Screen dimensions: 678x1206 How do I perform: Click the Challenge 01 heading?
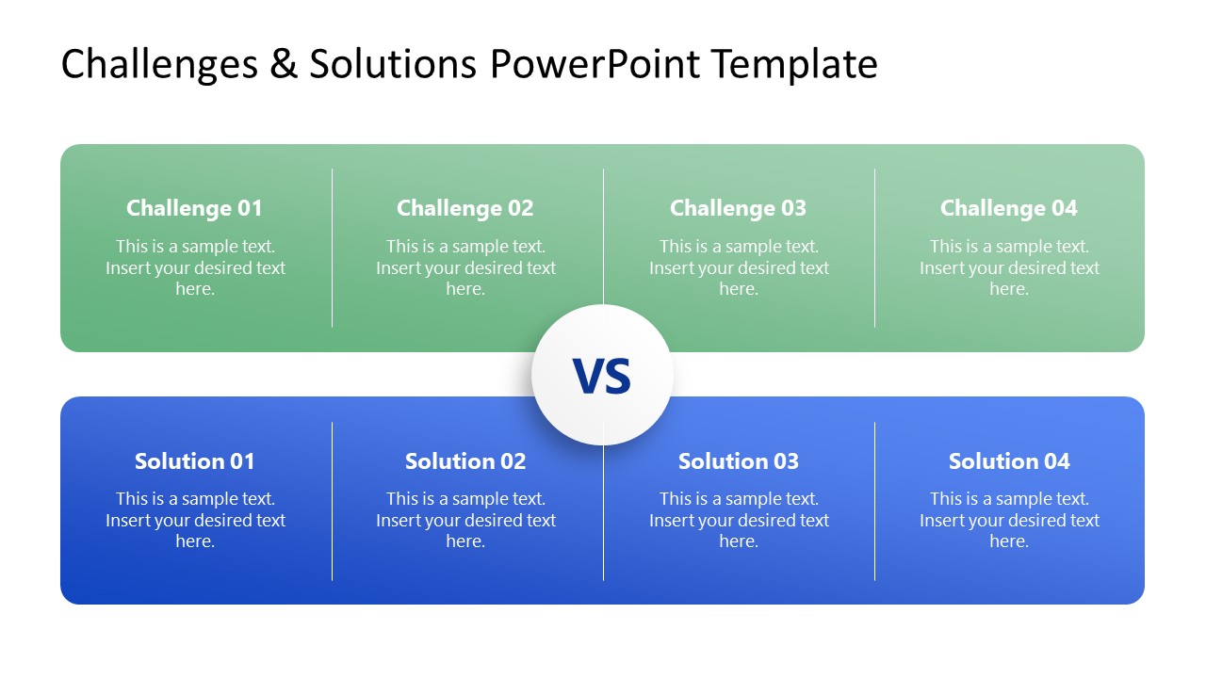[x=194, y=208]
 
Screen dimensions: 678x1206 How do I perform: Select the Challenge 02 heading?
[x=464, y=208]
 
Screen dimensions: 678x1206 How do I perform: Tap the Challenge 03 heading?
[x=738, y=208]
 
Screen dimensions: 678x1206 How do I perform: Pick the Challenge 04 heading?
[x=1008, y=208]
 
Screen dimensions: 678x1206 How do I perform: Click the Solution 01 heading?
[x=194, y=461]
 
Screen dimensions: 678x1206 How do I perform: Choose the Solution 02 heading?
[x=464, y=461]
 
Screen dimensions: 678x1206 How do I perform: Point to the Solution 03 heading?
[x=738, y=461]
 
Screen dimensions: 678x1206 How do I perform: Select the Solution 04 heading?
[x=1008, y=461]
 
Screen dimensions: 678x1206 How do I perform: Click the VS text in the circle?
[x=602, y=376]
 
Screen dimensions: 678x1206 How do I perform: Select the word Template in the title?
[x=794, y=64]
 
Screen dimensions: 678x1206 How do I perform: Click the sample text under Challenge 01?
[x=195, y=267]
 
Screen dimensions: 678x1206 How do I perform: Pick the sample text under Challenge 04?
[x=1009, y=267]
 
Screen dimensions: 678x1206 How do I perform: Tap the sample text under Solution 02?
[x=465, y=520]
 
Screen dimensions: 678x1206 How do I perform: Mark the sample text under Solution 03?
[x=739, y=520]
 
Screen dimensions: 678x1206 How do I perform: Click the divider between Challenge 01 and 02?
[x=332, y=248]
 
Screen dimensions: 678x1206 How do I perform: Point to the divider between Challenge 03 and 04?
[x=874, y=248]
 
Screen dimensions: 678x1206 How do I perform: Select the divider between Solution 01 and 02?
[x=332, y=501]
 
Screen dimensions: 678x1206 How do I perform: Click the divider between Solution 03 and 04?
[x=874, y=501]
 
